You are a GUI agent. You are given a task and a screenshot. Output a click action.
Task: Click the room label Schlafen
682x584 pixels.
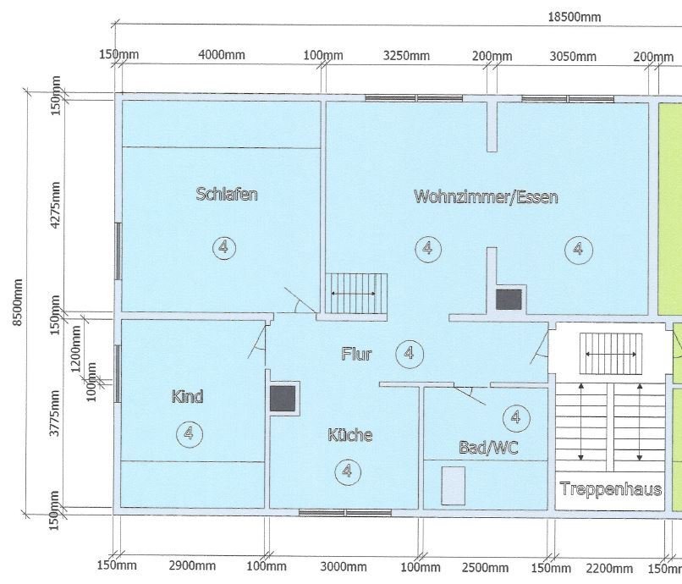226,194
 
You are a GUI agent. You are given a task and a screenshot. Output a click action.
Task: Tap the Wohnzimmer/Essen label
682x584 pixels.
486,197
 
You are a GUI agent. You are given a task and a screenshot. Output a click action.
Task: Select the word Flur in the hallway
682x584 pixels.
356,354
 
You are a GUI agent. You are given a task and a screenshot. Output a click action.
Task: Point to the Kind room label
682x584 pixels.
187,396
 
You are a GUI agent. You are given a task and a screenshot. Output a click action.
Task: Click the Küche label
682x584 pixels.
349,435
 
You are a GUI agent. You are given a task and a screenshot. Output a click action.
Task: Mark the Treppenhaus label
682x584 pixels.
610,489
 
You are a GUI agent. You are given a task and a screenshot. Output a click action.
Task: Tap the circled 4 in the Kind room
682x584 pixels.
188,433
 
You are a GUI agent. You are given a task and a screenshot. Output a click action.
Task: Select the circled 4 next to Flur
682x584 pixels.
409,353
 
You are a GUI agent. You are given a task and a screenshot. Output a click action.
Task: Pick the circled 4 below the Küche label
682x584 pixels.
346,471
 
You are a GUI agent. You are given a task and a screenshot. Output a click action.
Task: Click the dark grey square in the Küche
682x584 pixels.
283,398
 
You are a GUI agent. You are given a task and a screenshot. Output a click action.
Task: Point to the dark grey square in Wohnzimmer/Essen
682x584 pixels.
509,299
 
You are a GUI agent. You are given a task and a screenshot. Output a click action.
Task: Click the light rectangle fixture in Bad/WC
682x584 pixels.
454,485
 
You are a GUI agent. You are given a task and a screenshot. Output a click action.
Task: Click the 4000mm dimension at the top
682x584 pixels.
221,56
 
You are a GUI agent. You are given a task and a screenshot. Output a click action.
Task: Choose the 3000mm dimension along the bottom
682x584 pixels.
344,566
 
